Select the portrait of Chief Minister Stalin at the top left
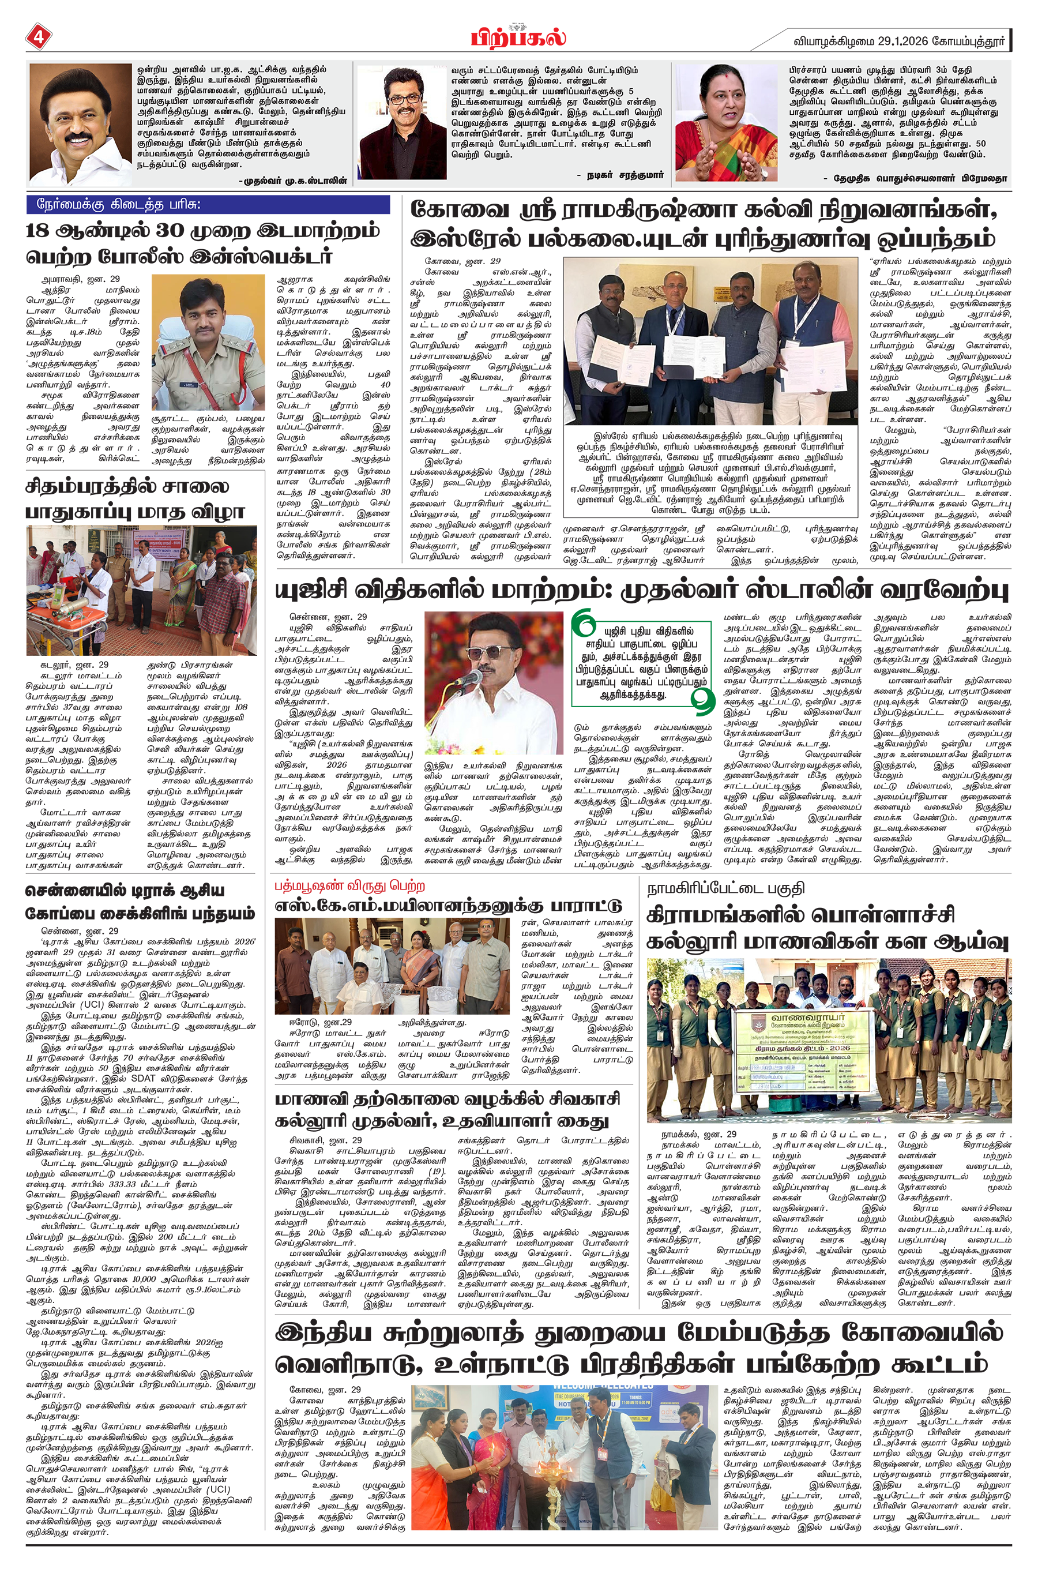[80, 124]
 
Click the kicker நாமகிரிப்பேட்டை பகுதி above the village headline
[725, 888]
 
